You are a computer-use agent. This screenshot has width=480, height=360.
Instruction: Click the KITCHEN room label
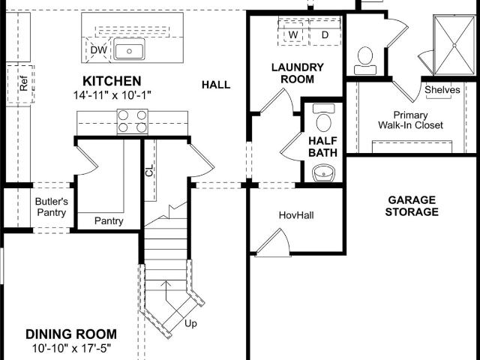(x=112, y=80)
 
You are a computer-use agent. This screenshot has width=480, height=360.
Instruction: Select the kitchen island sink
(x=129, y=51)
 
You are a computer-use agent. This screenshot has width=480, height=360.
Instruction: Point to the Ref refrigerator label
(x=22, y=83)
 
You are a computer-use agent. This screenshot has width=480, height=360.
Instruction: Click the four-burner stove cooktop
(x=132, y=121)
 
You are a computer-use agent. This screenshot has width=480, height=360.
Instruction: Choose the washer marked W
(x=293, y=34)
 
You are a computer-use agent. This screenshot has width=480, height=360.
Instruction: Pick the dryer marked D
(x=325, y=34)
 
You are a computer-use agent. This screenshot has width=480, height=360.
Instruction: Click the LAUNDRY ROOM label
(x=298, y=73)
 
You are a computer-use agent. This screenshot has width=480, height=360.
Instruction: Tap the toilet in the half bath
(x=324, y=121)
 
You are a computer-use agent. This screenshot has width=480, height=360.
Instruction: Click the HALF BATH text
(x=323, y=145)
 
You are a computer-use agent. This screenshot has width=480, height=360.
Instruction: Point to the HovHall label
(x=295, y=216)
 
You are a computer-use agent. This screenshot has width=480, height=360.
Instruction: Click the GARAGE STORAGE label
(x=412, y=205)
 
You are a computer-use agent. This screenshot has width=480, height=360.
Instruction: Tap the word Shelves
(x=442, y=90)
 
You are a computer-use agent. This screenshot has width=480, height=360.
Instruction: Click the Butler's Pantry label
(x=51, y=207)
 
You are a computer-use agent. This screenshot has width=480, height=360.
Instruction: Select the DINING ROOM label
(x=71, y=334)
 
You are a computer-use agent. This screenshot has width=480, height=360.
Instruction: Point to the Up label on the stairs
(x=191, y=324)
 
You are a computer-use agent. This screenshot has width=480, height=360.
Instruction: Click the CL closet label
(x=149, y=169)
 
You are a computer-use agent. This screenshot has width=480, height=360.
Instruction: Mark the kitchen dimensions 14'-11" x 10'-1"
(x=112, y=95)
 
